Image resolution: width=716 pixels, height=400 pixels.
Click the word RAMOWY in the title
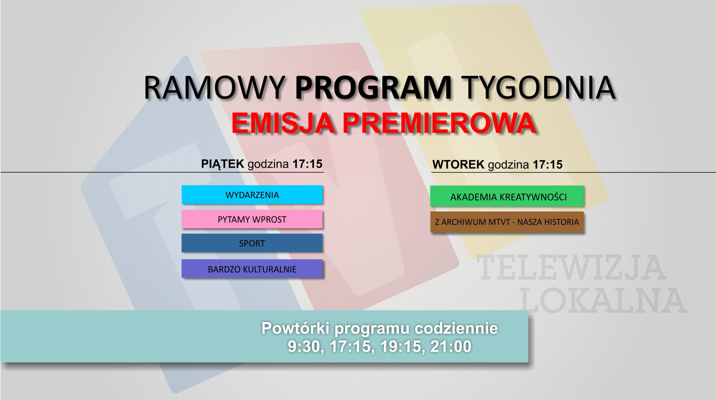pyautogui.click(x=215, y=88)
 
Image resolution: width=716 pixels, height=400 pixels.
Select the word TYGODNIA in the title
pyautogui.click(x=538, y=88)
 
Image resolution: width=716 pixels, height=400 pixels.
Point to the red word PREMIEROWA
pyautogui.click(x=439, y=123)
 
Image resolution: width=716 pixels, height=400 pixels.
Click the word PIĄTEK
pyautogui.click(x=223, y=164)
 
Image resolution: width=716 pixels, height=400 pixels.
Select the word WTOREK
pyautogui.click(x=458, y=165)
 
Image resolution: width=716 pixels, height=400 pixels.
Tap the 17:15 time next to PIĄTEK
pyautogui.click(x=307, y=164)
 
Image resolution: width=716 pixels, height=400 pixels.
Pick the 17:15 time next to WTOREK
pyautogui.click(x=548, y=165)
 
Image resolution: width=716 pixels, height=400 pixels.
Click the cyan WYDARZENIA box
pyautogui.click(x=252, y=195)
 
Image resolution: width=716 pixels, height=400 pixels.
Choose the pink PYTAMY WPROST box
pyautogui.click(x=252, y=219)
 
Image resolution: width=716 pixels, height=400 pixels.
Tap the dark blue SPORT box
pyautogui.click(x=252, y=243)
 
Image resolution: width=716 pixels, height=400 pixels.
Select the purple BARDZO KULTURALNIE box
pyautogui.click(x=252, y=269)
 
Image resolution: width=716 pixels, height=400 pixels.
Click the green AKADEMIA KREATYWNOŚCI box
pyautogui.click(x=507, y=196)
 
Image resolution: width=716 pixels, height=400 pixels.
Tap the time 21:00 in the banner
pyautogui.click(x=451, y=347)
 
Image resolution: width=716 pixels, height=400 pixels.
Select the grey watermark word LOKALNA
pyautogui.click(x=604, y=300)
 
